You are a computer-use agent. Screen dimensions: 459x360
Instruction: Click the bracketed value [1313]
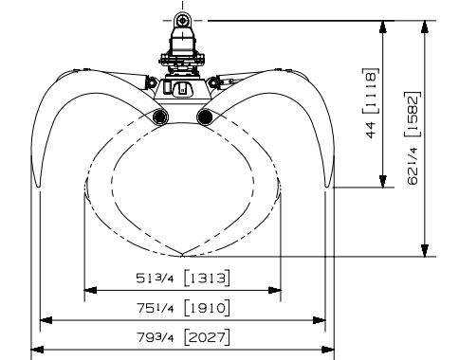207,279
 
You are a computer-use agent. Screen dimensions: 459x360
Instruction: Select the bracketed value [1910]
207,308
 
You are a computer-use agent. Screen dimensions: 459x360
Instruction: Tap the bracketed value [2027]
207,337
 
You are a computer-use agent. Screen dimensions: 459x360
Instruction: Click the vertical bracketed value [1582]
413,114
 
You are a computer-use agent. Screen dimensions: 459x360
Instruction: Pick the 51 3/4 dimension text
155,279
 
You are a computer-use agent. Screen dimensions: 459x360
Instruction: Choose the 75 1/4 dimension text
155,308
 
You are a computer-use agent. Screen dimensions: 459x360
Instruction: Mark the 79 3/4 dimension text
155,337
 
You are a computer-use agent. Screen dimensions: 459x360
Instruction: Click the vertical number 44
371,130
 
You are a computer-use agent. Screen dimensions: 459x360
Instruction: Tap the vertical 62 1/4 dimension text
413,166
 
